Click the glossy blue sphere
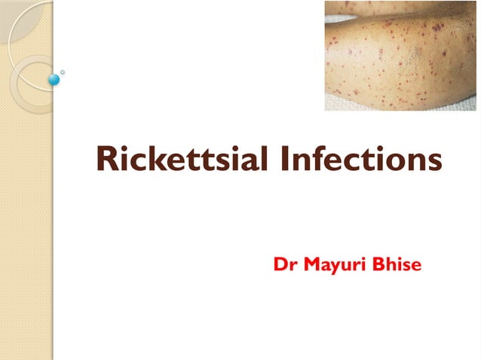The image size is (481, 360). [54, 78]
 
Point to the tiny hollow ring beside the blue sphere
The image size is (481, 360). [63, 72]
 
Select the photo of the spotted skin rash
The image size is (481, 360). [400, 56]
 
